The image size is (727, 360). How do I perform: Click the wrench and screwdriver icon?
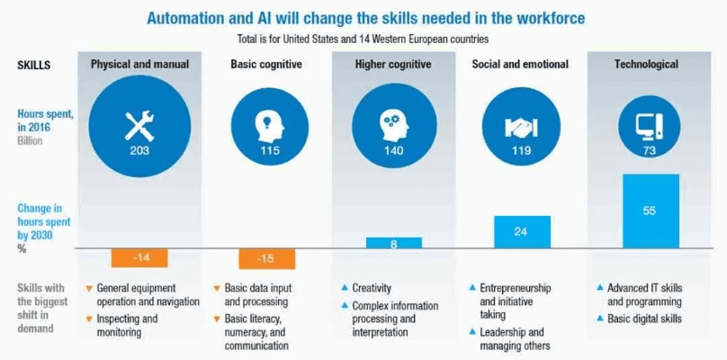139,124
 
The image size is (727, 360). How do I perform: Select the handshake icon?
520,125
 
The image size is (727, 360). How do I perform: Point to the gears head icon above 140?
392,124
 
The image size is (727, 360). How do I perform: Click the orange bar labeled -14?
139,257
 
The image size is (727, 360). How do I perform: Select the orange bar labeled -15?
267,258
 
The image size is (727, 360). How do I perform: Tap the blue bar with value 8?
393,242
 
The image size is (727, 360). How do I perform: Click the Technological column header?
646,65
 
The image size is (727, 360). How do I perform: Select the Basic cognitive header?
265,65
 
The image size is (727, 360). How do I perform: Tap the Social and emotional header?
520,65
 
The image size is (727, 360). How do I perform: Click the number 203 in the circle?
139,150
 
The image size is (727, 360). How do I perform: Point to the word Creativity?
372,288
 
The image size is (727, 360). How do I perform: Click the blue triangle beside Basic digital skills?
599,319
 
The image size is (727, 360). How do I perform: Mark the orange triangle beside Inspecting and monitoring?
88,319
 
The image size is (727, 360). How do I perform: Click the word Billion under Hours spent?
32,141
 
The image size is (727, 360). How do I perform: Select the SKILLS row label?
33,65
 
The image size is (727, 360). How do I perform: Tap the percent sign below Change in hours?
22,249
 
